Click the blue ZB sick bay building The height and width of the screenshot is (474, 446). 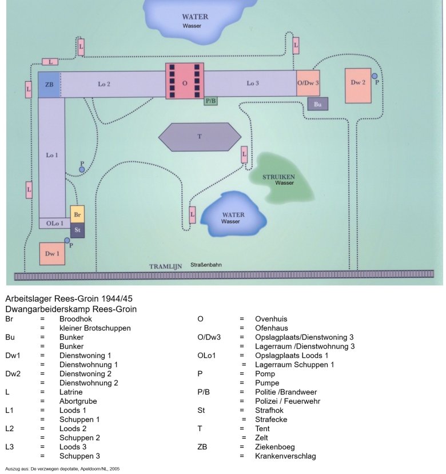(x=49, y=85)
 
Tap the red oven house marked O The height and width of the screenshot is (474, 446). (x=184, y=81)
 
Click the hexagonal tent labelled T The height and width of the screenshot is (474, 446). (x=200, y=137)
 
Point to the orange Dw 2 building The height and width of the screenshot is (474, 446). (x=358, y=85)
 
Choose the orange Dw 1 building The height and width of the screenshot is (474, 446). (x=51, y=253)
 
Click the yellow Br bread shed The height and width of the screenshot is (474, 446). (x=77, y=213)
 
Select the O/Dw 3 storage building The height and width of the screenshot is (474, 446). (x=308, y=83)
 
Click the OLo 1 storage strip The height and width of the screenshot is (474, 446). (x=54, y=223)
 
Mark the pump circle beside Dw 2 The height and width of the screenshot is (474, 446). (x=375, y=75)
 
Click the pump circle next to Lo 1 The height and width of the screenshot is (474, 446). (x=82, y=170)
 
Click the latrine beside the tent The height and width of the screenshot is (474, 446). (x=244, y=154)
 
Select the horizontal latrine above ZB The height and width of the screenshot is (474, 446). (x=50, y=62)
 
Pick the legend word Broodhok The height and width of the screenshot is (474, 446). (x=75, y=319)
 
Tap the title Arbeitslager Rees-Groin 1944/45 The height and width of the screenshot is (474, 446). (x=69, y=299)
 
